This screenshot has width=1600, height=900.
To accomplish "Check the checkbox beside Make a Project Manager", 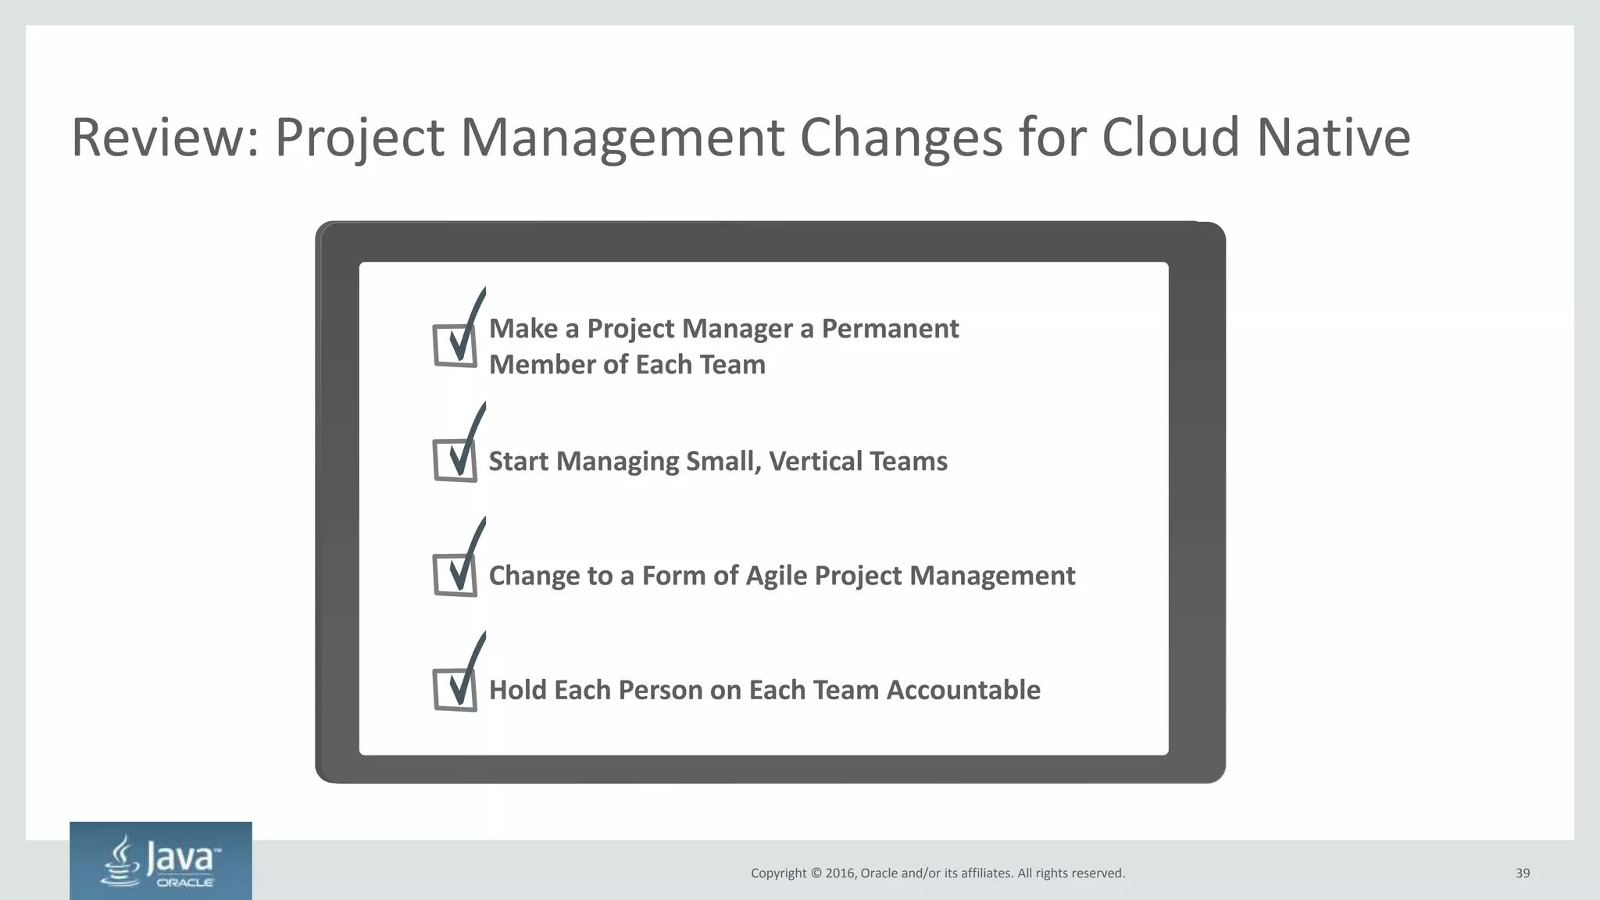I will [455, 345].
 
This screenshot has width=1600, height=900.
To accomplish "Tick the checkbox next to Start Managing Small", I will [455, 460].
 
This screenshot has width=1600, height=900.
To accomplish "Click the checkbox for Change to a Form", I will [455, 575].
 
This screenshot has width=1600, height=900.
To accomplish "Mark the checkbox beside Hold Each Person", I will [455, 690].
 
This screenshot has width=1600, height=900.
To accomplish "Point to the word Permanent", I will [890, 329].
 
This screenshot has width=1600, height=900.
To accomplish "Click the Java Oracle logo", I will [161, 861].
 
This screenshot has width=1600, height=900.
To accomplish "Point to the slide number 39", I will [1523, 873].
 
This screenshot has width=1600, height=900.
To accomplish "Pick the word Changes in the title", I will [901, 137].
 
